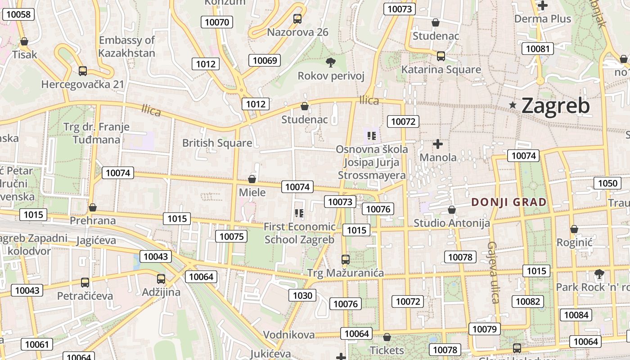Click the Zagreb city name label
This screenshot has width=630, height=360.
tap(555, 106)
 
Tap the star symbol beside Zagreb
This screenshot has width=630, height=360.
tap(513, 105)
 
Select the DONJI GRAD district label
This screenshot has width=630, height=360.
tap(509, 202)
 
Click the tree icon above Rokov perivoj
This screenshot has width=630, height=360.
tap(331, 62)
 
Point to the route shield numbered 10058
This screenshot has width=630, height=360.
tap(19, 14)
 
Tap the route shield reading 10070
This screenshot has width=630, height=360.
tap(217, 22)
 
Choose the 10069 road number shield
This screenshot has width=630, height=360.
tap(265, 60)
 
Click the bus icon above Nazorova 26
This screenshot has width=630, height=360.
tap(297, 19)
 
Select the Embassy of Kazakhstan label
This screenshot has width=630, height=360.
tap(127, 46)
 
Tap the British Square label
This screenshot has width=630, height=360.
tap(217, 143)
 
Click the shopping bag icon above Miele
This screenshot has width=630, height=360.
tap(252, 179)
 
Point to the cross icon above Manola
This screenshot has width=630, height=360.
tap(437, 144)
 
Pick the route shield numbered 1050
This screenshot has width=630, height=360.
tap(608, 183)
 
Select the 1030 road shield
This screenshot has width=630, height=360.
tap(302, 295)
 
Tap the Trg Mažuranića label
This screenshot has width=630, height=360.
tap(345, 273)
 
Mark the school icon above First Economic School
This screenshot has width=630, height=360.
tap(299, 213)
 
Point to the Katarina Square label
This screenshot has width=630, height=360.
tap(441, 70)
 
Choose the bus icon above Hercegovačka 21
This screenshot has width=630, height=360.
tap(83, 71)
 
